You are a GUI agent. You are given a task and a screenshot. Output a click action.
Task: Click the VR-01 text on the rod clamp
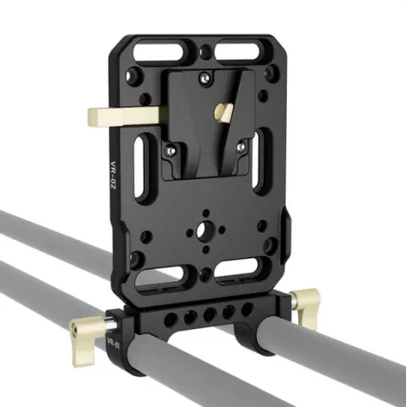tap(114, 344)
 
